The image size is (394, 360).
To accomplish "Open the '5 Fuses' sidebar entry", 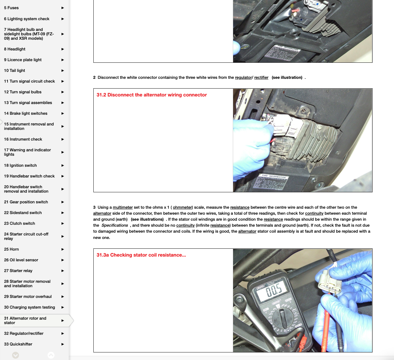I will pyautogui.click(x=11, y=8).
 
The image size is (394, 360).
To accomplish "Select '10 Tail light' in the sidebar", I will pyautogui.click(x=15, y=71).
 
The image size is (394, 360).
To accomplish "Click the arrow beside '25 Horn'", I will pyautogui.click(x=62, y=249).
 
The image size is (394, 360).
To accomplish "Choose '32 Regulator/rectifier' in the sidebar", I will pyautogui.click(x=24, y=334).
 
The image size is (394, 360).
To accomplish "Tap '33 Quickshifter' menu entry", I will pyautogui.click(x=18, y=344).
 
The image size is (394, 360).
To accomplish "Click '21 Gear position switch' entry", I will pyautogui.click(x=26, y=202).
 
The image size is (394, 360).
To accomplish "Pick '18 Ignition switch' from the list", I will pyautogui.click(x=21, y=165).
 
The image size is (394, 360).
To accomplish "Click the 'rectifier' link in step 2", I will pyautogui.click(x=261, y=78).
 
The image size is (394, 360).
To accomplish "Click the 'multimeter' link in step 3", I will pyautogui.click(x=123, y=207).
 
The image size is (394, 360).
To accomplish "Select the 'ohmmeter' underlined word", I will pyautogui.click(x=182, y=207).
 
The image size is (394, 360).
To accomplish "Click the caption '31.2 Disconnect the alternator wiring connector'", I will pyautogui.click(x=152, y=95).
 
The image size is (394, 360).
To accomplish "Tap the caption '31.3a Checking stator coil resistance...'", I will pyautogui.click(x=141, y=255).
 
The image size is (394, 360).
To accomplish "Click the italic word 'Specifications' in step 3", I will pyautogui.click(x=115, y=225).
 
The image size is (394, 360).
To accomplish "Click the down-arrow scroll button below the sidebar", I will pyautogui.click(x=15, y=355).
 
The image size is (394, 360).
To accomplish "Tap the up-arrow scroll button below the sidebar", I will pyautogui.click(x=51, y=355).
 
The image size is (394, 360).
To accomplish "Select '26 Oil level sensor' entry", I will pyautogui.click(x=21, y=260).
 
